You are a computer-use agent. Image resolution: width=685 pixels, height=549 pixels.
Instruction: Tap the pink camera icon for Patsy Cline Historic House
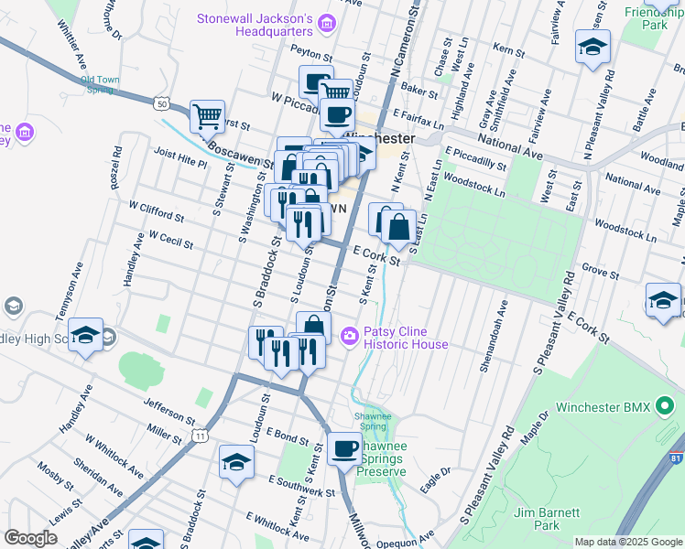349,337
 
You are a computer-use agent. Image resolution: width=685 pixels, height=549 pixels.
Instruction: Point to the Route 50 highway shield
162,103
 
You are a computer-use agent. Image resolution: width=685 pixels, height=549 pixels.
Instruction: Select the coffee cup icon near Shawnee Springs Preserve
345,449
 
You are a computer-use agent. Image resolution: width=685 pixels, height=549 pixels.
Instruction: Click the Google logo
31,538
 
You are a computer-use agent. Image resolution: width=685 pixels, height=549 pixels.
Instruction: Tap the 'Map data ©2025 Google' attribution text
627,542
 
